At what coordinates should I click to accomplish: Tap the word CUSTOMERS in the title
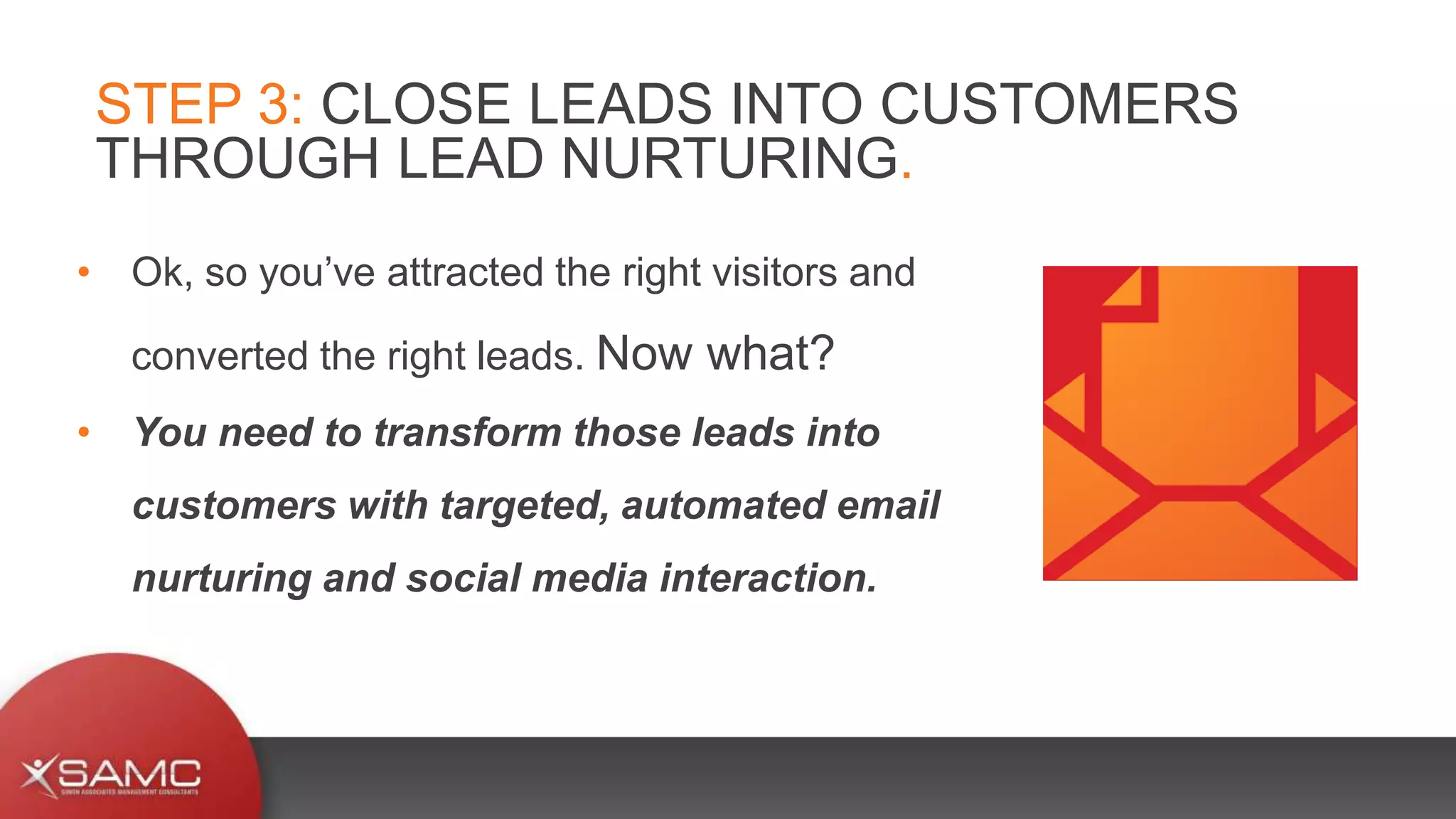1059,105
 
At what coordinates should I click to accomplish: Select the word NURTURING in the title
730,159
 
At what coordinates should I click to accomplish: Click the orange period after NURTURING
906,174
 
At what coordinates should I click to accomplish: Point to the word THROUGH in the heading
237,159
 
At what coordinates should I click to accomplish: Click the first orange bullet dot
84,272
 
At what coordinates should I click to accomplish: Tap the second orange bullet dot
84,432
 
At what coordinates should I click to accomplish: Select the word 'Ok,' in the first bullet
162,273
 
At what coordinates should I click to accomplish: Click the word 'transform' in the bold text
468,432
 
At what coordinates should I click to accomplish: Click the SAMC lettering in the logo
129,773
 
